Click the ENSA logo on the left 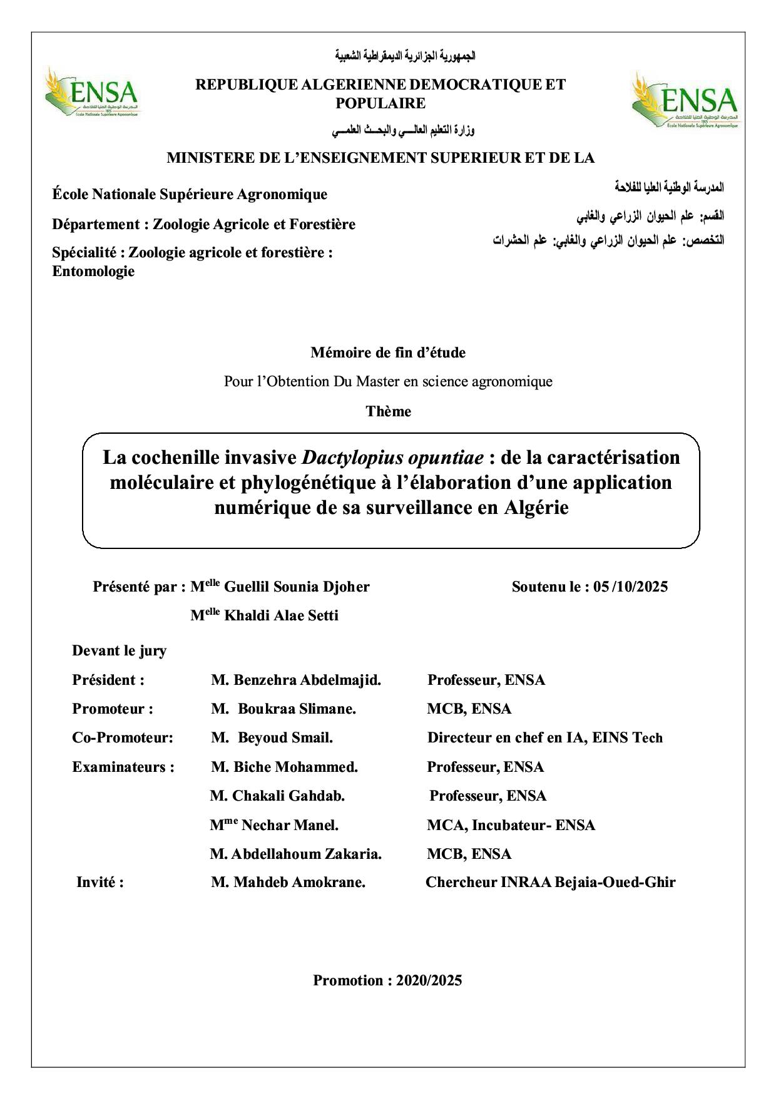pyautogui.click(x=92, y=93)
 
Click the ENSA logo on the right pyautogui.click(x=685, y=100)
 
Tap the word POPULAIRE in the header pyautogui.click(x=380, y=103)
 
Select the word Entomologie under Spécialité pyautogui.click(x=93, y=271)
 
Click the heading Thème pyautogui.click(x=388, y=411)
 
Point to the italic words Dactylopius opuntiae pyautogui.click(x=392, y=458)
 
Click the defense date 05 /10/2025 pyautogui.click(x=631, y=587)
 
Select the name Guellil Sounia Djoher pyautogui.click(x=297, y=587)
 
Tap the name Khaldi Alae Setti pyautogui.click(x=281, y=615)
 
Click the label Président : pyautogui.click(x=108, y=680)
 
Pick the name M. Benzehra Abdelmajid pyautogui.click(x=296, y=680)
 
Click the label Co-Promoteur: pyautogui.click(x=123, y=737)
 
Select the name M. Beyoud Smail pyautogui.click(x=272, y=737)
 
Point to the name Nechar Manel pyautogui.click(x=290, y=825)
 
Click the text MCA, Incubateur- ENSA pyautogui.click(x=511, y=825)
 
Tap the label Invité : pyautogui.click(x=100, y=882)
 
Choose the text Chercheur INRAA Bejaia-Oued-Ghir pyautogui.click(x=550, y=882)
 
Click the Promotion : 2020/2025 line pyautogui.click(x=387, y=980)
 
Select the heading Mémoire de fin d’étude pyautogui.click(x=388, y=352)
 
